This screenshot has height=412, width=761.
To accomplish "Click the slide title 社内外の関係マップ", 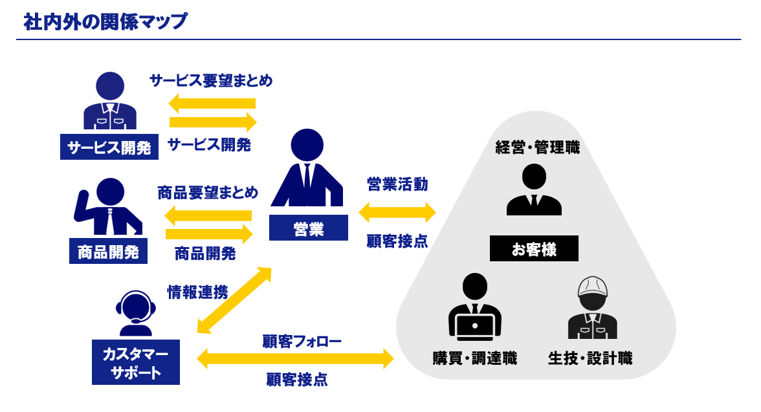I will (105, 22).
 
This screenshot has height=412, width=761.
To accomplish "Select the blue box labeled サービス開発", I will (109, 147).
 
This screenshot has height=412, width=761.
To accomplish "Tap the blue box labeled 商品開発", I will (108, 252).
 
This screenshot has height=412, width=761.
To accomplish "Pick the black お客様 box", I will (534, 249).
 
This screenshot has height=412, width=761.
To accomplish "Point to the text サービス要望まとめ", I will (211, 81).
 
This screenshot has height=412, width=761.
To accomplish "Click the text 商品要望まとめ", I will (208, 193).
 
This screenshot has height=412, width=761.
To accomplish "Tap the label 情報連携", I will (197, 292).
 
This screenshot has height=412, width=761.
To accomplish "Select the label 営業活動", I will (397, 184).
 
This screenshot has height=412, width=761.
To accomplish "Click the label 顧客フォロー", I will (302, 341).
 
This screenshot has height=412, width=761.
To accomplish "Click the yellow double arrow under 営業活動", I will (397, 212).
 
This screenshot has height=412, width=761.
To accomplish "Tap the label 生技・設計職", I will (590, 358).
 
